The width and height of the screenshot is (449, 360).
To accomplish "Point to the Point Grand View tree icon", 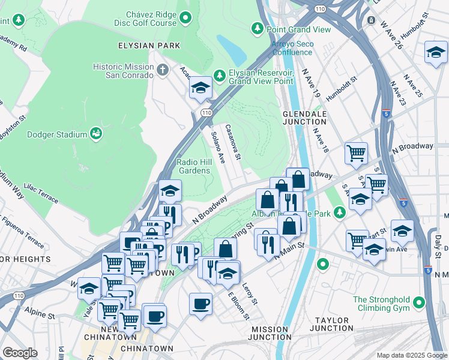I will pos(258,29).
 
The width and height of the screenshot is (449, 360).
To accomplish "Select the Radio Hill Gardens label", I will pos(193,166).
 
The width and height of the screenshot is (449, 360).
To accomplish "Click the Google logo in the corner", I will pos(20,353).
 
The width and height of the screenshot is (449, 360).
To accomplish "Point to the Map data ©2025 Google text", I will pos(412,355).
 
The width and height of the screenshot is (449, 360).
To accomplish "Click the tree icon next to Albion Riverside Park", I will pos(340,213).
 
